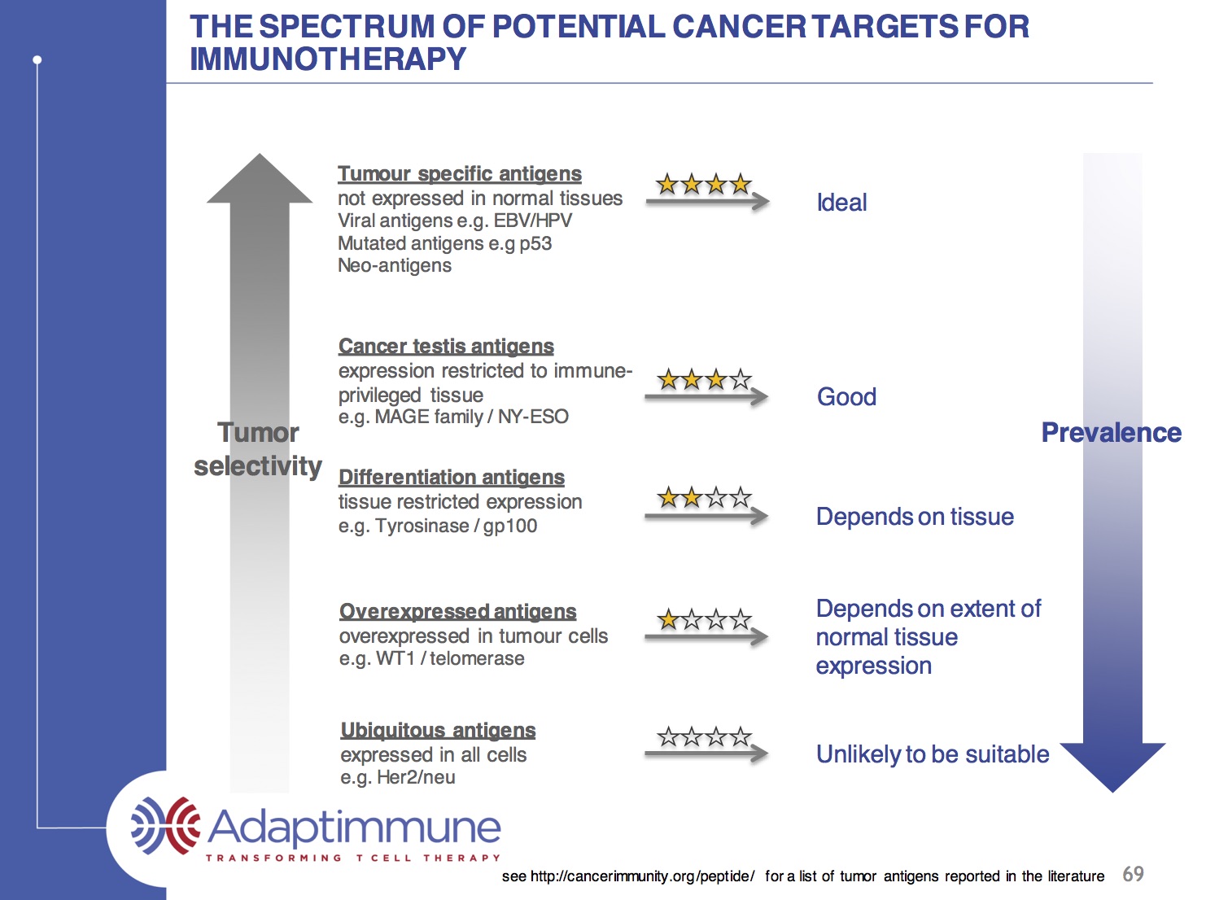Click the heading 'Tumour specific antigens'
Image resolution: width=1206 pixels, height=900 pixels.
[x=459, y=174]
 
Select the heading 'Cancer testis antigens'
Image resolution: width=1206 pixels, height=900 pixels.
[x=446, y=347]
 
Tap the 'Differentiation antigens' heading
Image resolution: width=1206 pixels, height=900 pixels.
[x=451, y=478]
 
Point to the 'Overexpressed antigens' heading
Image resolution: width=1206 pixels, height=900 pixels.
[x=457, y=612]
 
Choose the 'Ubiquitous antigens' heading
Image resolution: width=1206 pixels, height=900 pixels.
[x=438, y=731]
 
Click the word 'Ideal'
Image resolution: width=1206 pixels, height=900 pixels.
[x=841, y=203]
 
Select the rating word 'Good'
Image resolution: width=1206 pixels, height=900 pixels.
[x=846, y=397]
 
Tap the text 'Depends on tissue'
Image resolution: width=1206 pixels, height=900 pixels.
[x=915, y=517]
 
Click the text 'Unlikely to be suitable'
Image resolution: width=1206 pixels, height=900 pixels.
[x=933, y=754]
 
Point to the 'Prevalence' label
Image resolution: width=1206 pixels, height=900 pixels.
[x=1111, y=433]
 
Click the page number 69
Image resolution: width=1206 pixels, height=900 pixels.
[x=1133, y=874]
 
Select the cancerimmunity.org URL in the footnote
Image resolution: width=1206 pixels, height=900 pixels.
[x=642, y=876]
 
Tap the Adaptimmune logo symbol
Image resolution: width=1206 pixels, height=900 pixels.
[x=166, y=827]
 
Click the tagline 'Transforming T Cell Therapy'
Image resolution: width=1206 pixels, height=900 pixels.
[x=353, y=858]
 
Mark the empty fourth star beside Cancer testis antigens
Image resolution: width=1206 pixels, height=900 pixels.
[x=741, y=379]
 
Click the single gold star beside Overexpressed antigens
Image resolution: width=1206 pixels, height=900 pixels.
[x=668, y=620]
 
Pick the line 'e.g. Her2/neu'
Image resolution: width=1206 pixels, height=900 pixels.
[x=398, y=778]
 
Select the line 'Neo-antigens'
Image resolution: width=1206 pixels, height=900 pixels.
[x=395, y=266]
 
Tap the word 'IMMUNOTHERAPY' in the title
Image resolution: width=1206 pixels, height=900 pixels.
[x=328, y=59]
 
